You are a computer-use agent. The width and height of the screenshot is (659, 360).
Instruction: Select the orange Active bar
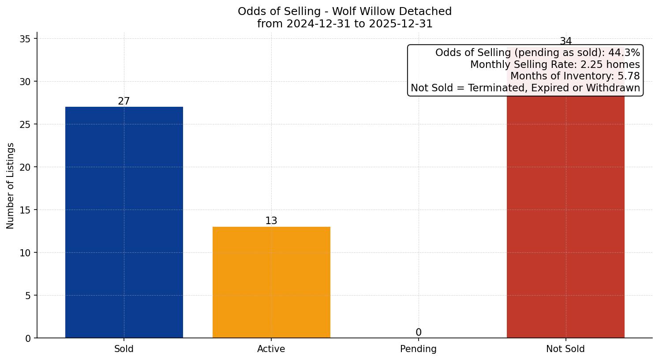point(271,282)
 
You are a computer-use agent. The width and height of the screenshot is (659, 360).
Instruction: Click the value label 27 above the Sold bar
point(124,101)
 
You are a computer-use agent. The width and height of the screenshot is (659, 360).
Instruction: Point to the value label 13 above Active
point(271,221)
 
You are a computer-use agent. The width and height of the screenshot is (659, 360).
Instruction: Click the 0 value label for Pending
point(419,333)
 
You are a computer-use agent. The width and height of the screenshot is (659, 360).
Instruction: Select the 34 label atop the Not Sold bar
point(565,41)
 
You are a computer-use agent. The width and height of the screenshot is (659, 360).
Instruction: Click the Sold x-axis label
point(124,349)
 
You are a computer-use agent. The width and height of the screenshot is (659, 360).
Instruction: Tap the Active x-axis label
point(271,349)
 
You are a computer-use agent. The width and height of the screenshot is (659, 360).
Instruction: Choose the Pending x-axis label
point(419,349)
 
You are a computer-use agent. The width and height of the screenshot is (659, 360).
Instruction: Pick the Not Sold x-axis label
point(565,349)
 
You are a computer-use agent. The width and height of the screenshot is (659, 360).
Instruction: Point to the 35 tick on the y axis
point(25,39)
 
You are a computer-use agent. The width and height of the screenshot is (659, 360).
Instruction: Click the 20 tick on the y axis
point(25,167)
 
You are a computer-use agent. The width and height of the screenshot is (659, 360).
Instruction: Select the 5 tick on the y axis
point(28,296)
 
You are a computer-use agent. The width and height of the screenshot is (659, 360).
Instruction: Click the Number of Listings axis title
point(11,185)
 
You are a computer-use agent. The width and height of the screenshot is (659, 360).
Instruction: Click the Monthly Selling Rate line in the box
point(555,64)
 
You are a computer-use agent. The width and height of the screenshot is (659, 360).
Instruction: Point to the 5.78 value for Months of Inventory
point(628,76)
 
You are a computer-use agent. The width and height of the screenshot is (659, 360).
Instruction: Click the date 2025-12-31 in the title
point(401,24)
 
